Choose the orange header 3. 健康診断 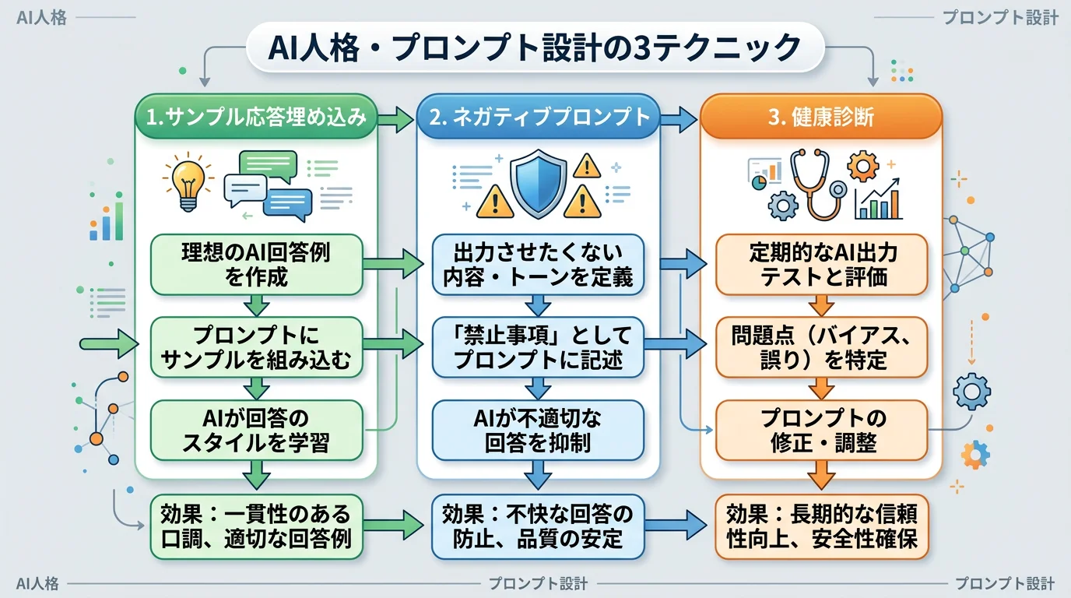tap(820, 118)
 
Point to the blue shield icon tap(538, 185)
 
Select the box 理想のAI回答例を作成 tap(255, 264)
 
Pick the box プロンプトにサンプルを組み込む tap(255, 347)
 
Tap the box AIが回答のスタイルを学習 tap(255, 431)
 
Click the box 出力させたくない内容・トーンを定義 tap(538, 264)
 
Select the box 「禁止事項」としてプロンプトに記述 tap(538, 347)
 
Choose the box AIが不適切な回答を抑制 tap(538, 431)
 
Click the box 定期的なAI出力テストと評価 tap(822, 264)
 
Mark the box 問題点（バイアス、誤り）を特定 tap(822, 347)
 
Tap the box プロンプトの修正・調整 tap(822, 431)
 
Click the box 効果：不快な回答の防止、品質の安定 tap(538, 526)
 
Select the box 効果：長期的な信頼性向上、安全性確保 tap(822, 526)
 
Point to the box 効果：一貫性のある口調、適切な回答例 tap(255, 526)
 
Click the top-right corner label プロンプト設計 tap(999, 18)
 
